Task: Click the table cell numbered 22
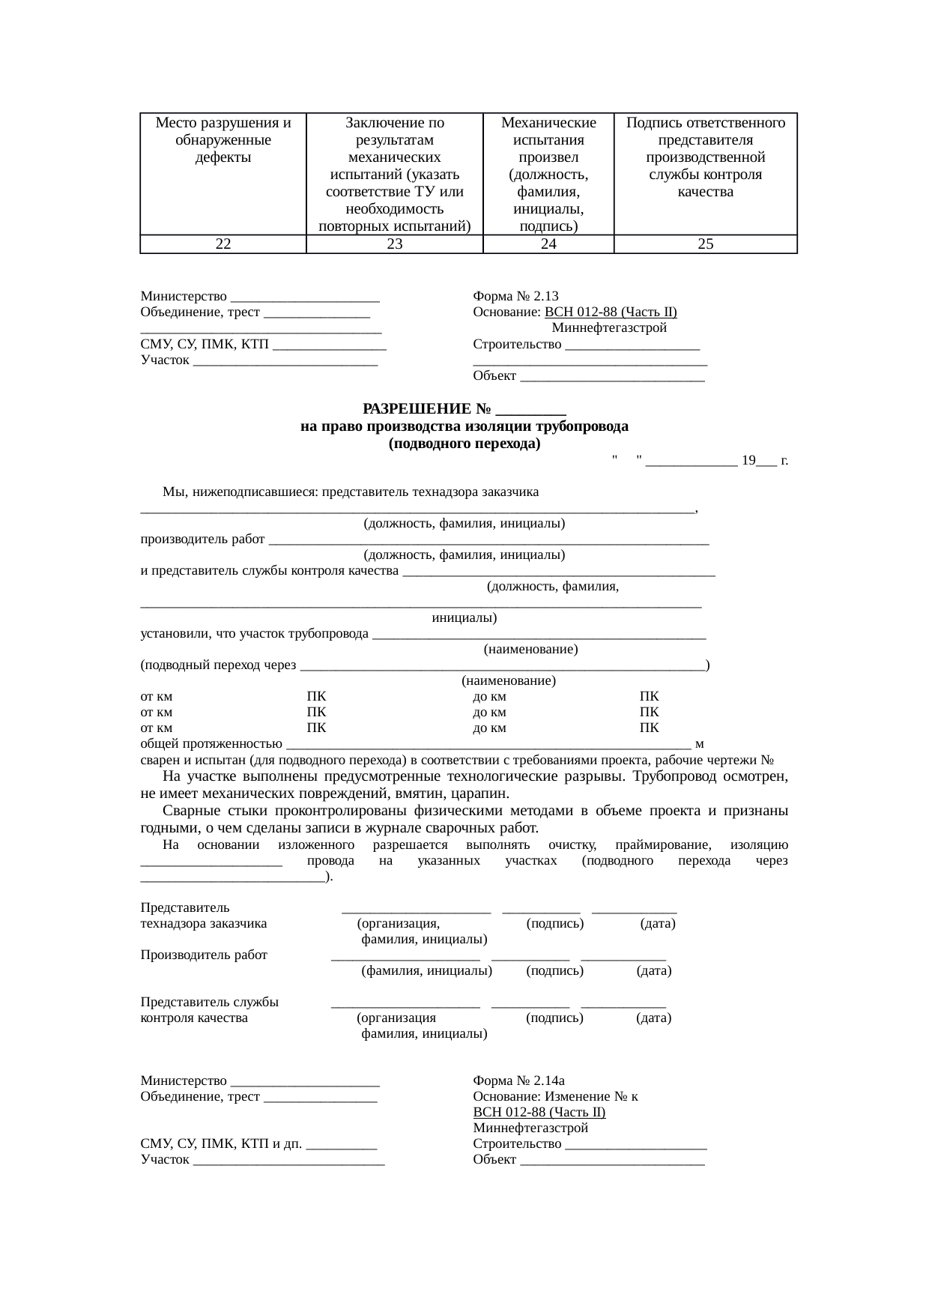(x=223, y=244)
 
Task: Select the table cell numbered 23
(x=395, y=244)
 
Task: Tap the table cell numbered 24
(x=548, y=244)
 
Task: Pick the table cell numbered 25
(x=705, y=244)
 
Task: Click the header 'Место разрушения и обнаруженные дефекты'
(x=223, y=139)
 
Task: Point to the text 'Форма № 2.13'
(x=515, y=296)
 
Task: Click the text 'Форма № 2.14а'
(x=518, y=1080)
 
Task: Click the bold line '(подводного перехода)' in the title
(x=464, y=443)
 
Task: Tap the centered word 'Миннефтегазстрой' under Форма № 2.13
(x=609, y=327)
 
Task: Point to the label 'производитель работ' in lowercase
(x=202, y=539)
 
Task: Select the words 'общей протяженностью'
(x=211, y=743)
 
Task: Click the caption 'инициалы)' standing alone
(x=464, y=619)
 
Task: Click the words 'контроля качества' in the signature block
(x=194, y=1018)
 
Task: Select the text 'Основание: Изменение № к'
(x=555, y=1096)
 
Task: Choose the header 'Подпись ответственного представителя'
(x=705, y=131)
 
